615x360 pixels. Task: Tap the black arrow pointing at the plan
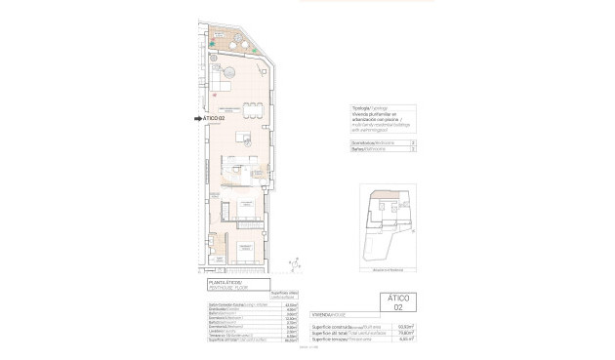tap(198, 119)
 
